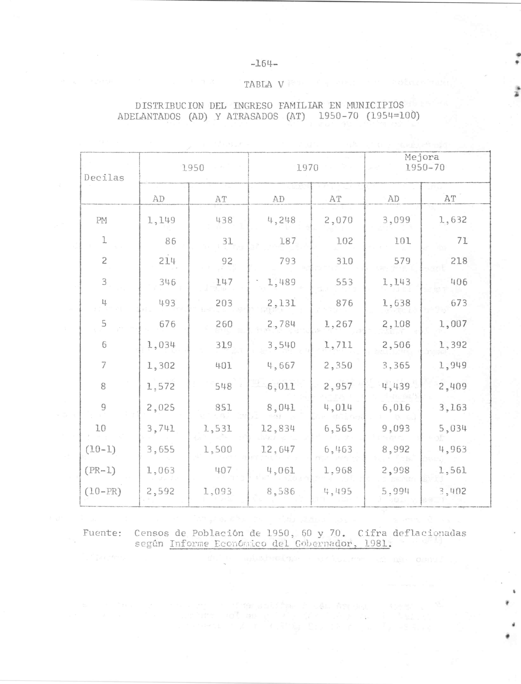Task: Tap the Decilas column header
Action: click(x=104, y=178)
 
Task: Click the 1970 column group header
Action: click(x=307, y=168)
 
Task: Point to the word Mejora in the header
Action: click(x=422, y=157)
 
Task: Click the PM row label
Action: click(x=101, y=220)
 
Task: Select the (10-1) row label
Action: click(x=100, y=449)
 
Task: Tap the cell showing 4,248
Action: click(x=281, y=220)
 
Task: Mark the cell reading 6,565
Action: click(x=338, y=429)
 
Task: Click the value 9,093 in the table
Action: click(x=396, y=429)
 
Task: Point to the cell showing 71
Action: click(x=462, y=241)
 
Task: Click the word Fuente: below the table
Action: click(x=102, y=533)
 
